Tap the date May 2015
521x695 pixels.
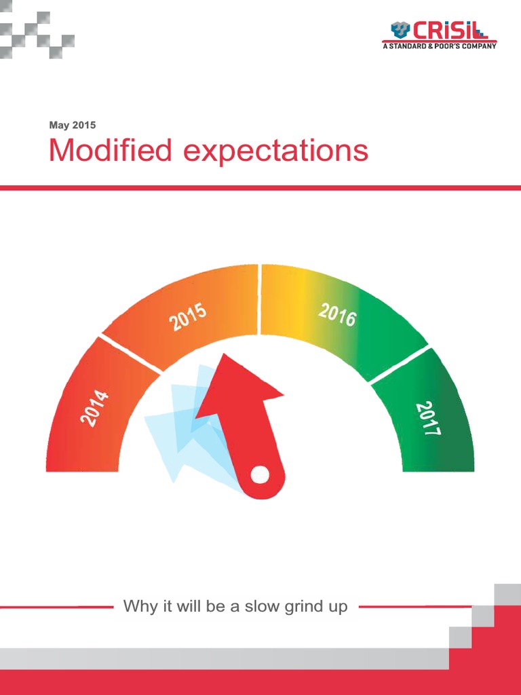click(x=73, y=125)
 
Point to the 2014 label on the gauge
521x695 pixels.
click(x=94, y=408)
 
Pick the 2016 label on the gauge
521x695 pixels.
click(x=337, y=314)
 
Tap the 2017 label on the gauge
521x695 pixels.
click(x=429, y=418)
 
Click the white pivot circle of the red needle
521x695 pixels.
click(x=260, y=474)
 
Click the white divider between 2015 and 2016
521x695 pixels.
click(x=259, y=299)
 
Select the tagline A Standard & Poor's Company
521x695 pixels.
click(x=439, y=46)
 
